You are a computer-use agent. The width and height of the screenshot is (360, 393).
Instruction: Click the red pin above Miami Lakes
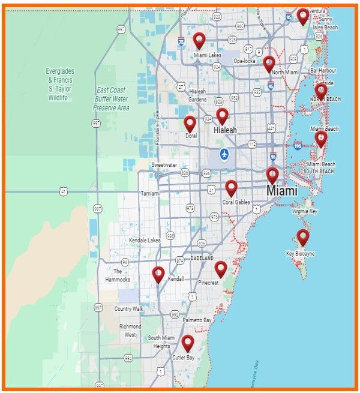tap(199, 41)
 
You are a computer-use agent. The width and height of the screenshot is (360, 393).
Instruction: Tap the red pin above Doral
tap(190, 124)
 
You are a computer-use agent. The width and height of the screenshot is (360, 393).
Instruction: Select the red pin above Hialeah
tap(222, 116)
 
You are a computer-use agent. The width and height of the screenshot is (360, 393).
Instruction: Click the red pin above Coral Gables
tap(231, 188)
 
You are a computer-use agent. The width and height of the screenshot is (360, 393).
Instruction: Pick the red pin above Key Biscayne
tap(303, 237)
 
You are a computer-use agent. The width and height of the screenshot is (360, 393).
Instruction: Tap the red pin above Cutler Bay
tap(188, 343)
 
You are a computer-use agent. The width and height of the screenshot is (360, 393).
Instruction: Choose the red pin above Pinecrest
tap(221, 269)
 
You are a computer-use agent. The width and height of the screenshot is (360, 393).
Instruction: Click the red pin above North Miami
tap(269, 64)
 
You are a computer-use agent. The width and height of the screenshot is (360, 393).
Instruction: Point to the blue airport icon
tap(224, 154)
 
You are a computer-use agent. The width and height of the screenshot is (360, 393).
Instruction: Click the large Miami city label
tap(282, 191)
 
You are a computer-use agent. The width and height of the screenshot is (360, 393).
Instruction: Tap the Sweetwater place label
tap(164, 164)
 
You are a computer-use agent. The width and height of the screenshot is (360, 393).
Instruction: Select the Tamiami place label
tap(149, 194)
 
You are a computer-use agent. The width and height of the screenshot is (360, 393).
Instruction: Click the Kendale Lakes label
tap(145, 241)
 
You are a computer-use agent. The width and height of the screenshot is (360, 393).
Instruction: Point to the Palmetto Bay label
tap(199, 320)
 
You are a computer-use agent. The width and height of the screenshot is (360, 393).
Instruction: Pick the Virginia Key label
tap(305, 212)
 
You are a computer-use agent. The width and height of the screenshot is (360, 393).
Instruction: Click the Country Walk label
tap(129, 308)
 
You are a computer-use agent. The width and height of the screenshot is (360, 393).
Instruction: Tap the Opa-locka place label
tap(244, 61)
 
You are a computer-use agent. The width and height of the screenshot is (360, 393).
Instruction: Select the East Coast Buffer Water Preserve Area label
tap(111, 99)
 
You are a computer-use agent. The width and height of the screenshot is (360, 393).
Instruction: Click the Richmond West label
tap(130, 331)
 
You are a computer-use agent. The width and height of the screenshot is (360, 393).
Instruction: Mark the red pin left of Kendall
tap(158, 274)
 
